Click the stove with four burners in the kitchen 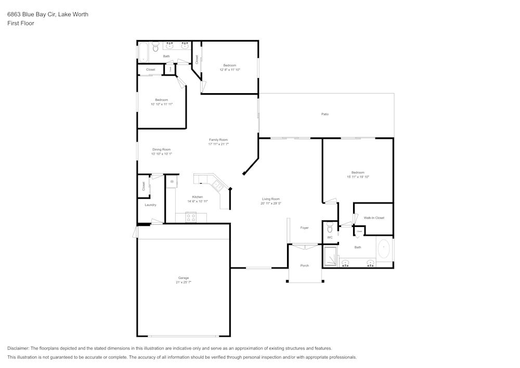tap(191, 218)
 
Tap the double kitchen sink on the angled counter tap(217, 185)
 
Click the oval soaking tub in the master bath tap(384, 250)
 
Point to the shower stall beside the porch tap(330, 256)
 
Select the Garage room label tap(184, 277)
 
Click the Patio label tap(325, 114)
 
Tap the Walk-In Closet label tap(374, 218)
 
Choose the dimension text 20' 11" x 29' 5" tap(270, 204)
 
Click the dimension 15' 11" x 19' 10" tap(358, 177)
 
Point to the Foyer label tap(305, 227)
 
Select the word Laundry tap(150, 205)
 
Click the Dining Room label tap(161, 149)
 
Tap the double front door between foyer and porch tap(304, 245)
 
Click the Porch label tap(305, 265)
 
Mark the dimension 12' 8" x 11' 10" tap(229, 70)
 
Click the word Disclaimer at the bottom tap(18, 348)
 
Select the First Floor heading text tap(21, 23)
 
